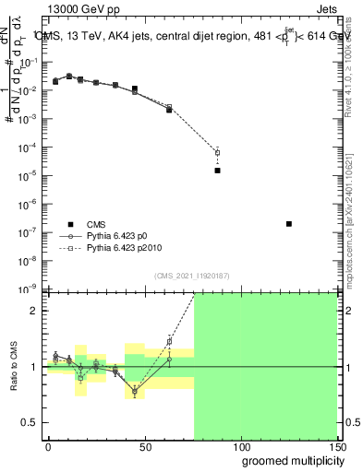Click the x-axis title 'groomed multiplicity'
click(x=289, y=459)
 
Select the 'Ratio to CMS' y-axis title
click(x=14, y=367)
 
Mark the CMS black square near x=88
click(x=217, y=171)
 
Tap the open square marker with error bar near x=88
click(x=217, y=152)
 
